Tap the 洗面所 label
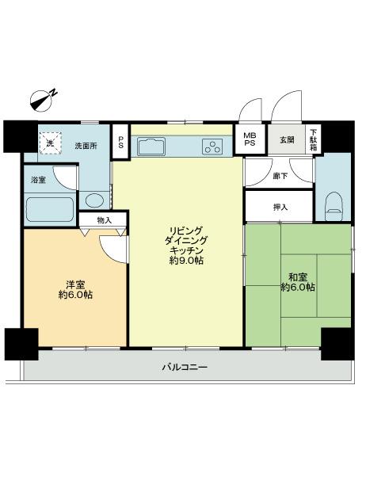point(86,146)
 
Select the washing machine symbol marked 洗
point(50,143)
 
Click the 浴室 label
point(38,181)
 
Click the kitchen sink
point(151,146)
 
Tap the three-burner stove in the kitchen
point(214,146)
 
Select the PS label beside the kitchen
point(120,143)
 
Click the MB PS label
point(250,139)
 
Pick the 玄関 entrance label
point(286,140)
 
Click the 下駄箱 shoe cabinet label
point(313,139)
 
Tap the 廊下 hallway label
point(280,175)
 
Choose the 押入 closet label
point(280,207)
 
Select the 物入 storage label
point(104,219)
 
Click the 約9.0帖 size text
point(187,261)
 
